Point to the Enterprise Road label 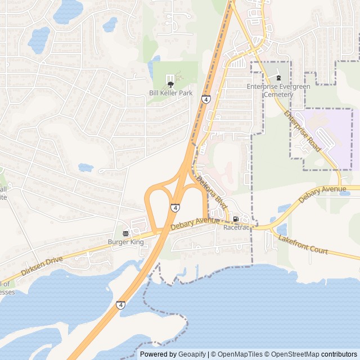pyautogui.click(x=302, y=132)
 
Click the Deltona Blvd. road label pyautogui.click(x=211, y=195)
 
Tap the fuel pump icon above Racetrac pyautogui.click(x=235, y=219)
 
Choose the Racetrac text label pyautogui.click(x=236, y=228)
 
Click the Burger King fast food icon pyautogui.click(x=125, y=233)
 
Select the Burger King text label pyautogui.click(x=126, y=242)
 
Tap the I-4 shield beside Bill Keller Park pyautogui.click(x=206, y=100)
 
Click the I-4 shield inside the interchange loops pyautogui.click(x=175, y=208)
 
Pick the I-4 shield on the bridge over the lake pyautogui.click(x=121, y=305)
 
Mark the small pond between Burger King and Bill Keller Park pyautogui.click(x=85, y=167)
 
